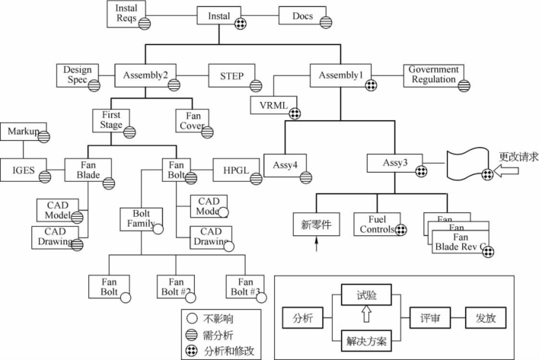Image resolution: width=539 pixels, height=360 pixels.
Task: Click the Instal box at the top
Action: [218, 16]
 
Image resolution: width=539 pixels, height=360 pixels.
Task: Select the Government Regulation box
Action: [433, 75]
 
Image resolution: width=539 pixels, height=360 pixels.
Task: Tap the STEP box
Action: [231, 75]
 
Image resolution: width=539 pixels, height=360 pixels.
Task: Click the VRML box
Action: [273, 105]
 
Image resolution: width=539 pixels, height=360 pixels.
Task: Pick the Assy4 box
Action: [285, 165]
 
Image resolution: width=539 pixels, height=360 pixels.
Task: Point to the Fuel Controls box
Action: [377, 225]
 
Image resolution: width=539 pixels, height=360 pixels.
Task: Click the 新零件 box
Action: [316, 225]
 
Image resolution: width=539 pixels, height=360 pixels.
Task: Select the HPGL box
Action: [236, 170]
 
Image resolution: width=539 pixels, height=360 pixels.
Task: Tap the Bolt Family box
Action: [141, 219]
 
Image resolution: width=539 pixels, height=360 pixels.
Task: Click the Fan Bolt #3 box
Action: [245, 286]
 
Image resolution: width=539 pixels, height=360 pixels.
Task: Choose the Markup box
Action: [24, 132]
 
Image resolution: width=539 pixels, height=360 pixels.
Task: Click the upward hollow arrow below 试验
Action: [366, 314]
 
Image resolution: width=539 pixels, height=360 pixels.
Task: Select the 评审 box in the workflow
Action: [430, 317]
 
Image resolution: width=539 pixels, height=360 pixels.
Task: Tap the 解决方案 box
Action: [366, 341]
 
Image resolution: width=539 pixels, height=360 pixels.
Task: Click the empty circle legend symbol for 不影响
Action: [192, 318]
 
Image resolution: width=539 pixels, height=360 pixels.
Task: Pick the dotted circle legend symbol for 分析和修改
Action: [192, 351]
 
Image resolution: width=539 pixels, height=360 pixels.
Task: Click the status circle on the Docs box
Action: [326, 23]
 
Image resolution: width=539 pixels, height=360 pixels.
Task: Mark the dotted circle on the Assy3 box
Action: [422, 171]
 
